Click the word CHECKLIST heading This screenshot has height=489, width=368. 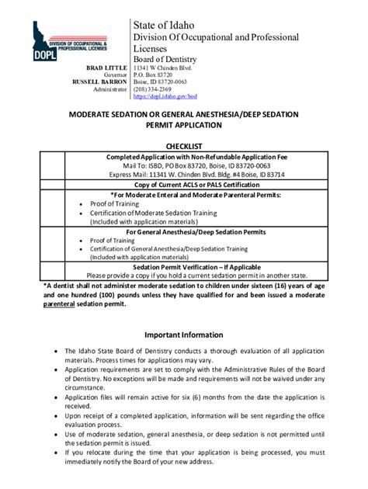pyautogui.click(x=184, y=145)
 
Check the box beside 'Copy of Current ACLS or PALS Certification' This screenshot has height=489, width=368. pyautogui.click(x=53, y=186)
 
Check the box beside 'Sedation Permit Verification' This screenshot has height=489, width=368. pyautogui.click(x=53, y=271)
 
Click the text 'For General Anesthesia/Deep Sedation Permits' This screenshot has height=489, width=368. pyautogui.click(x=196, y=232)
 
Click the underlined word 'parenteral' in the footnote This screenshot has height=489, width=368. pyautogui.click(x=64, y=304)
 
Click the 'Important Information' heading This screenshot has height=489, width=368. pyautogui.click(x=184, y=335)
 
